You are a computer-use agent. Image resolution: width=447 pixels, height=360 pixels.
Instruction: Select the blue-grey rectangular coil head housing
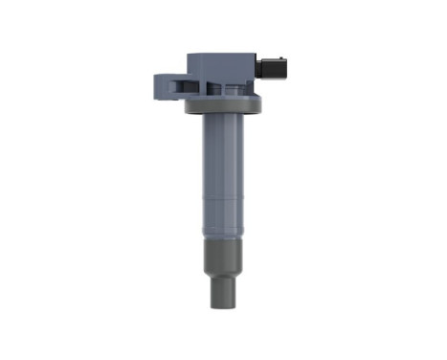[222, 70]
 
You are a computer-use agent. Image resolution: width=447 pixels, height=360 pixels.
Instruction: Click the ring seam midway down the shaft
[221, 199]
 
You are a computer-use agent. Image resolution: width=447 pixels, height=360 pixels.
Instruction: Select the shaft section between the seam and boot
[221, 220]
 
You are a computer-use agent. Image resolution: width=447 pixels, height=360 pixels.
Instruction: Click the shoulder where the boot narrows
[221, 279]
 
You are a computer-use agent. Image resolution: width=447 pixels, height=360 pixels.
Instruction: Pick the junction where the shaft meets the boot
[221, 242]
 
